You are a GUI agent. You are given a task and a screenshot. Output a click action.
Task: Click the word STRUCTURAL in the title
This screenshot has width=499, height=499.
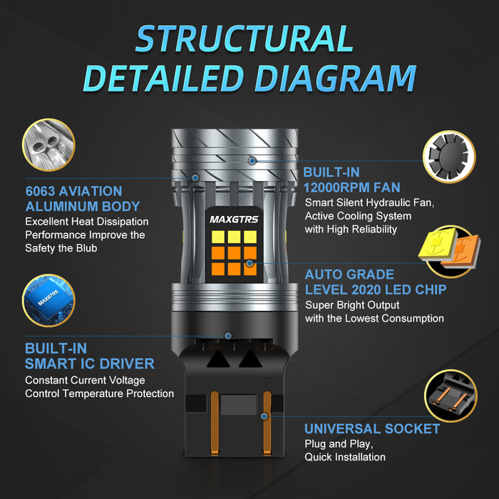point(245,38)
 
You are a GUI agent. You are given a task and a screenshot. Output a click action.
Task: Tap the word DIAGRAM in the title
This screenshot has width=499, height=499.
point(336,78)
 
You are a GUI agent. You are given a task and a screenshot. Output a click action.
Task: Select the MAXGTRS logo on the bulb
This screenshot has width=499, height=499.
point(234,220)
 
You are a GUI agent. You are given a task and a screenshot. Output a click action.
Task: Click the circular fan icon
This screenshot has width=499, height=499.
point(449,157)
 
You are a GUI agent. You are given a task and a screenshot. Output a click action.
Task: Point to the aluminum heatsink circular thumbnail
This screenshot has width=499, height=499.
point(48,145)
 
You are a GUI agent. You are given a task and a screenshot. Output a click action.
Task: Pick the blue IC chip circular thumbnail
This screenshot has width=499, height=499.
point(48,300)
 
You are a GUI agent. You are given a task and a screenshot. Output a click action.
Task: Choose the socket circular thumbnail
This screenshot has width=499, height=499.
point(451,396)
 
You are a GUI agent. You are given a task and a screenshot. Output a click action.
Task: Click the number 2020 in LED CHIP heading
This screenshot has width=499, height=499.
point(367,289)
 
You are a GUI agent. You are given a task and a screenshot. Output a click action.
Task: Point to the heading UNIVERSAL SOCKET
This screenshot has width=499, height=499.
point(372,428)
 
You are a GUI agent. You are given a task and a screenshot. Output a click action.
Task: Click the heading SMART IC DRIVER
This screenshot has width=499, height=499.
point(90,364)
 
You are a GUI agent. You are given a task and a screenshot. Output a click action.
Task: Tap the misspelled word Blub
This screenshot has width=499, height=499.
point(86,248)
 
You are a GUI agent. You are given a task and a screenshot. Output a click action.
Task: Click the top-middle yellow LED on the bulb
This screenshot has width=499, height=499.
point(234,237)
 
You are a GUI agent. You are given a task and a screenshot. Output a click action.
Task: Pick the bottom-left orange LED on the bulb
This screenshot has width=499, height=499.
point(218,269)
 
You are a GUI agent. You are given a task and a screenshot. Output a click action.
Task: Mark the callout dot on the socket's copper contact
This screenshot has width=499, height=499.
point(264,416)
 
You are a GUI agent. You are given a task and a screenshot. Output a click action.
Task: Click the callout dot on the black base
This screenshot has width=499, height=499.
point(228,336)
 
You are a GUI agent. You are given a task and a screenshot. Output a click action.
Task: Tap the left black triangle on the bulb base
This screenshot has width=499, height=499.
point(218,359)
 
